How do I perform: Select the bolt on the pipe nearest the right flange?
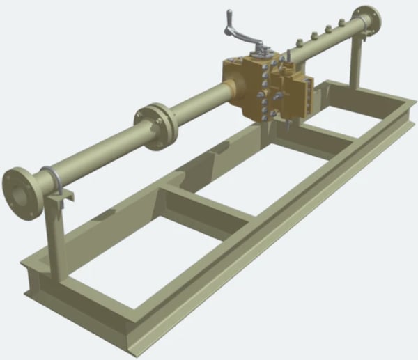[341, 24]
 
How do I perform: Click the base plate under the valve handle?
[262, 54]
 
